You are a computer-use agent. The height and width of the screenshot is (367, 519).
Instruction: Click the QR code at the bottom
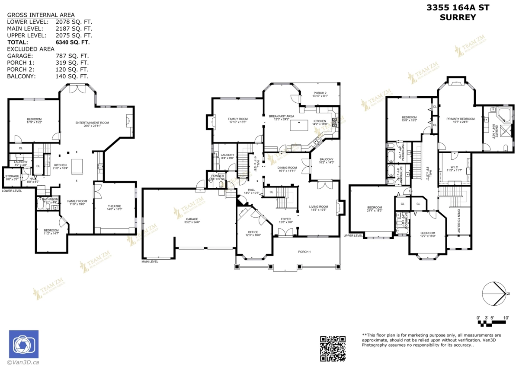333,348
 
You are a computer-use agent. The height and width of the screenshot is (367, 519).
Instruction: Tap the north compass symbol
496,294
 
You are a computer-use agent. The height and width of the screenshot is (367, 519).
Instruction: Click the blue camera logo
24,345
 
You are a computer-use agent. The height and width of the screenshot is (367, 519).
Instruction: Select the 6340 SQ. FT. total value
72,42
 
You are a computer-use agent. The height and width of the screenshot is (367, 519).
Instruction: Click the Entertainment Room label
92,123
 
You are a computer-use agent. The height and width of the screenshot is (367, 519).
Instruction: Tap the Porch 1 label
304,251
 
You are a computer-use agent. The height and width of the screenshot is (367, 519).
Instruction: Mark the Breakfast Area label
281,116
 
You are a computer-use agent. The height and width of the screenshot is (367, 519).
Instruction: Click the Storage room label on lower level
12,176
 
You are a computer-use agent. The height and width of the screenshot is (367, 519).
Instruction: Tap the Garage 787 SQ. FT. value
72,56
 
